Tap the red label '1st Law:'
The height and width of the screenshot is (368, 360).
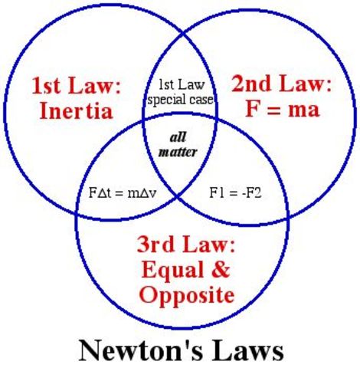[x=77, y=84]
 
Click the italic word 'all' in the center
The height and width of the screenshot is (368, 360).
[x=178, y=138]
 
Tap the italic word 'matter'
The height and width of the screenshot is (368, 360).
[x=178, y=152]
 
